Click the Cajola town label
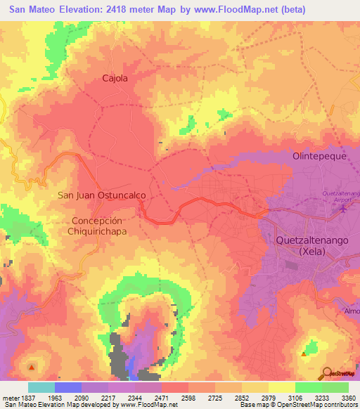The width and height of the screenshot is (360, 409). click(x=115, y=79)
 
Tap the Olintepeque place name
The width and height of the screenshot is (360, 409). click(x=320, y=156)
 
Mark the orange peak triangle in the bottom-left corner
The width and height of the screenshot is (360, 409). click(x=31, y=366)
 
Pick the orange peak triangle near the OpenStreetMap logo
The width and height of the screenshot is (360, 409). click(x=304, y=353)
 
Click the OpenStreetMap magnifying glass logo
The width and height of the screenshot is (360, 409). click(x=328, y=373)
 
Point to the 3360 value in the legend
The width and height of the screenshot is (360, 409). click(x=348, y=398)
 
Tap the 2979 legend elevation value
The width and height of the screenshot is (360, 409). click(x=268, y=398)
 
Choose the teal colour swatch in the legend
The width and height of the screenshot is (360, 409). click(x=41, y=387)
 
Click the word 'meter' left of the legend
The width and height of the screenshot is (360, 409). click(x=10, y=398)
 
